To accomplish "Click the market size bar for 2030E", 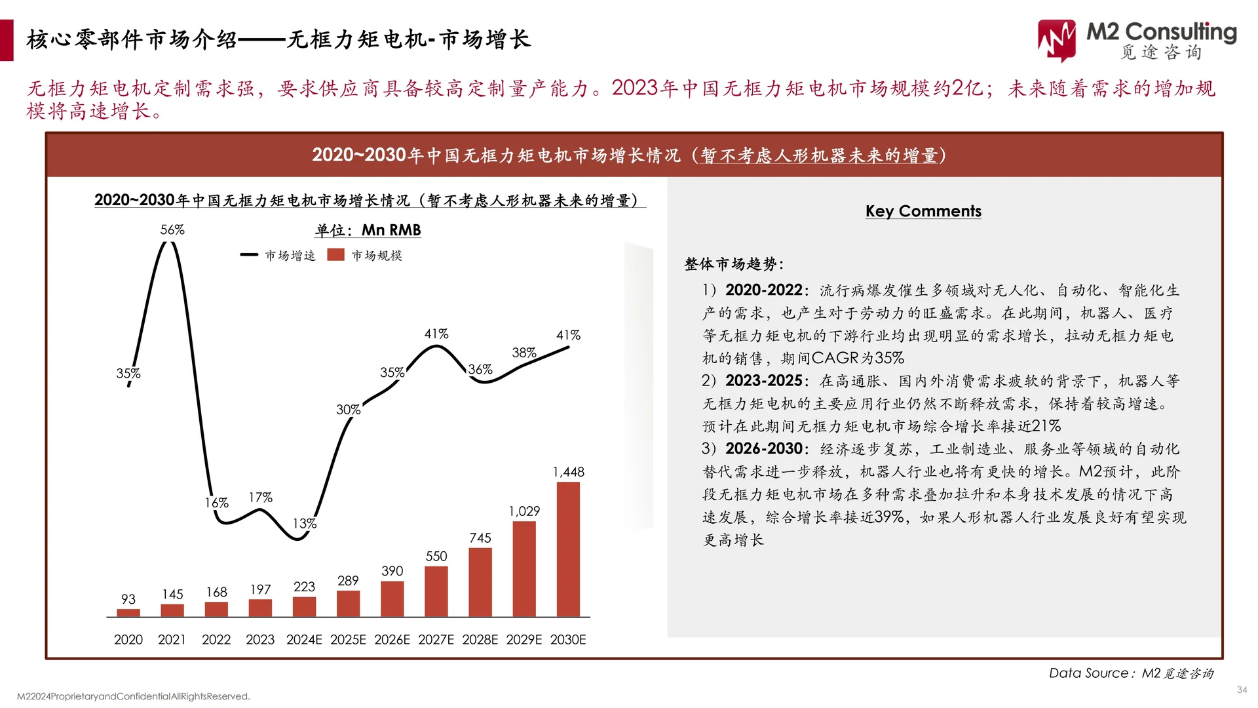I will coord(568,549).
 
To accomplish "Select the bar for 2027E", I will coord(436,591).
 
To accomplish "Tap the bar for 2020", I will coord(128,613).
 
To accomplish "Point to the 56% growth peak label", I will coord(172,229).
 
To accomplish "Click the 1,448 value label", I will coord(568,472).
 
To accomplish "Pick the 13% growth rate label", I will coord(305,523).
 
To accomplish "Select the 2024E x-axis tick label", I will coord(304,639).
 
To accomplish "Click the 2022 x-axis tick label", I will coord(216,639).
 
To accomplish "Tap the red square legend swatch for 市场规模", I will coord(336,255).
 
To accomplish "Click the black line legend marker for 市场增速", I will coord(249,255).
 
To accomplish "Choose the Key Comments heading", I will coord(923,211).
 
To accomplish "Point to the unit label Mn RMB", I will coord(391,230).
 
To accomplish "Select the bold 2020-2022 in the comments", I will coord(763,290).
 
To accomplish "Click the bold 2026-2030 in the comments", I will coord(763,448).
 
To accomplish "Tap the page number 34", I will coord(1242,690).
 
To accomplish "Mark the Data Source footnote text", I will coord(1131,673).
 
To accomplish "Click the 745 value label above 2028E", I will coord(480,538).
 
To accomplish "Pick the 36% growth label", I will coord(480,370).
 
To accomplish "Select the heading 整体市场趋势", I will coord(733,264).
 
